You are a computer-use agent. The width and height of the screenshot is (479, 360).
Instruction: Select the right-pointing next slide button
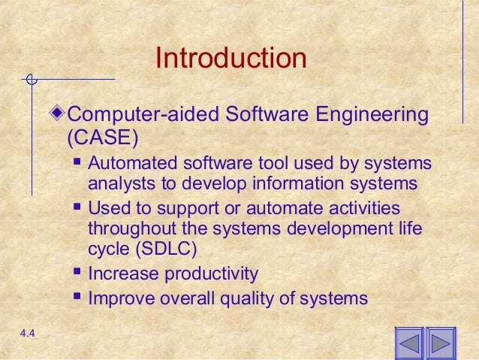tap(441, 344)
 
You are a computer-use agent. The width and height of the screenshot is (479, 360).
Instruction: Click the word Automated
tap(125, 164)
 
